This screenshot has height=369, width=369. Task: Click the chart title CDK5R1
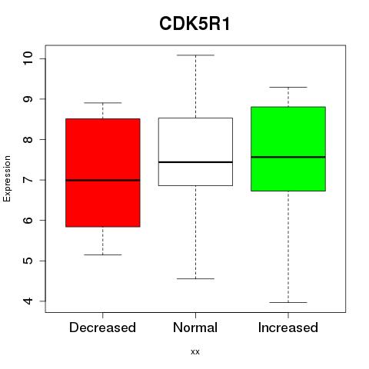pos(194,24)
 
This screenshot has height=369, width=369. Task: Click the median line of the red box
pos(103,180)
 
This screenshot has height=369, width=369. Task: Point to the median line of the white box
pos(195,162)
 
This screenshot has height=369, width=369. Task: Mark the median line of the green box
pos(288,157)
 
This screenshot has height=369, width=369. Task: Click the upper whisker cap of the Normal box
pos(195,55)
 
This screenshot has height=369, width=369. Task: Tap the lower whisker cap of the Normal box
pos(195,278)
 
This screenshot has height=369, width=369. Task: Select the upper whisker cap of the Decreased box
pos(103,103)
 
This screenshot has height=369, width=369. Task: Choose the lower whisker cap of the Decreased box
pos(103,254)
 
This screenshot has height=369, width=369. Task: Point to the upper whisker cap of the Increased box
pos(288,87)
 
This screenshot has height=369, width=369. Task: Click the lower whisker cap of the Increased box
pos(288,302)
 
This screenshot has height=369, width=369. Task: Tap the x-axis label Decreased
pos(102,327)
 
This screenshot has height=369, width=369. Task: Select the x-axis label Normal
pos(195,327)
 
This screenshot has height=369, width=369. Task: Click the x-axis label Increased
pos(288,327)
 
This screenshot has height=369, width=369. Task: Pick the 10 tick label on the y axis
pos(28,58)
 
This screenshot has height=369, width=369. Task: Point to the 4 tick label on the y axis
pos(28,301)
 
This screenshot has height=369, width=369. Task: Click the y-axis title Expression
pos(7,178)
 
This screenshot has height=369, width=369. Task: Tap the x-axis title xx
pos(195,352)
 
